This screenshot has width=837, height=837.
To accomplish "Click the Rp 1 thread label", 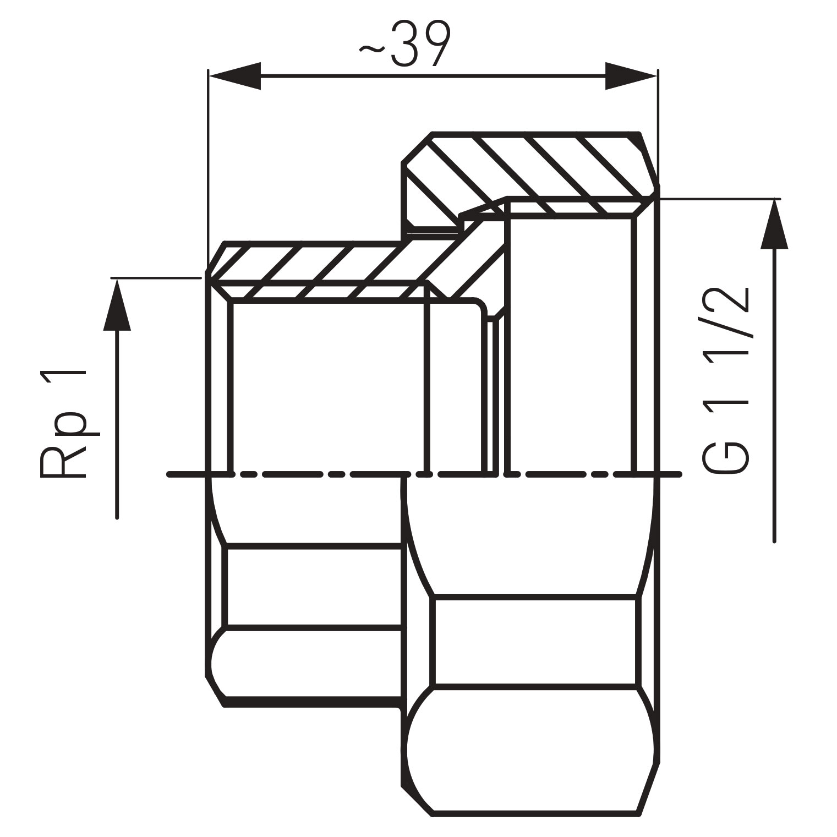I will pyautogui.click(x=63, y=424).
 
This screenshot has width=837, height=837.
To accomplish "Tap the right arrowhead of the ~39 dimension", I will pyautogui.click(x=630, y=76).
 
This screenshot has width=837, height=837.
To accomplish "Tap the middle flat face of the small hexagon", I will pyautogui.click(x=314, y=586).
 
